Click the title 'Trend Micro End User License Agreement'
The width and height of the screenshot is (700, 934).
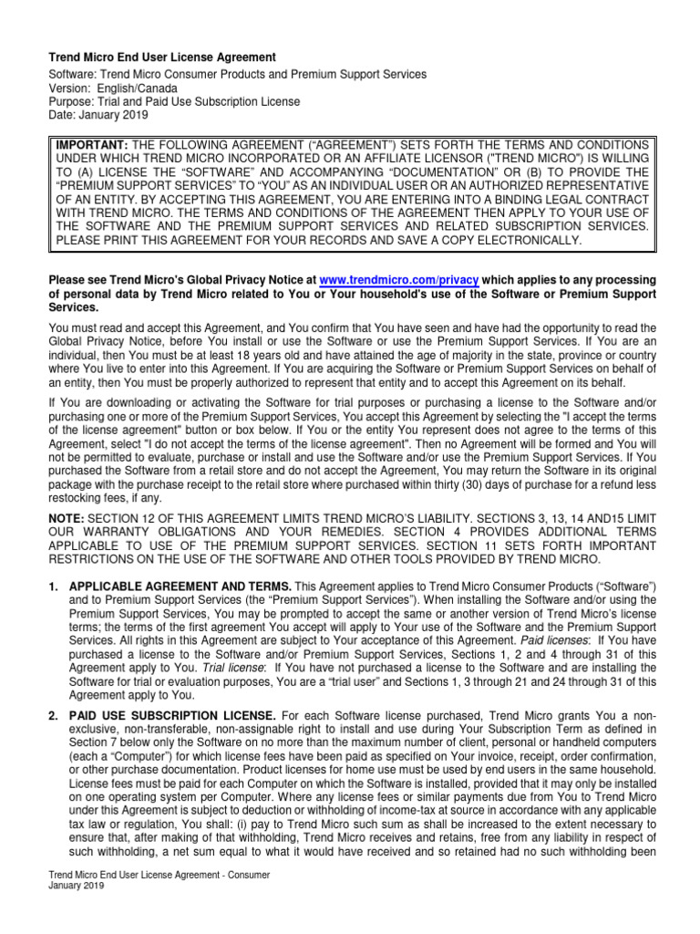(x=161, y=57)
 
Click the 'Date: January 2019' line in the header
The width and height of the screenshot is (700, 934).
(x=98, y=115)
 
